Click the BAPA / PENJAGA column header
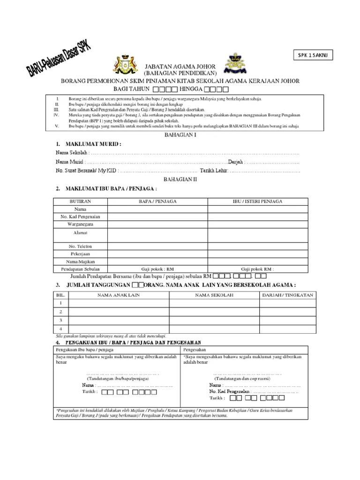pos(157,201)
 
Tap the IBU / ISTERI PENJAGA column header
pos(257,201)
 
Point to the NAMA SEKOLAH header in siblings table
pos(214,295)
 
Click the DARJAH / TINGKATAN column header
pos(284,295)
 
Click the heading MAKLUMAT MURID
pos(91,143)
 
